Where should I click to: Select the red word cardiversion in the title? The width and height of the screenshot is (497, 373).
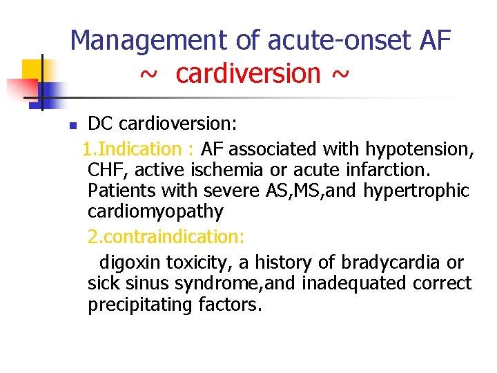coord(248,73)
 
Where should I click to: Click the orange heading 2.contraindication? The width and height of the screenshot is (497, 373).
coord(166,237)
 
